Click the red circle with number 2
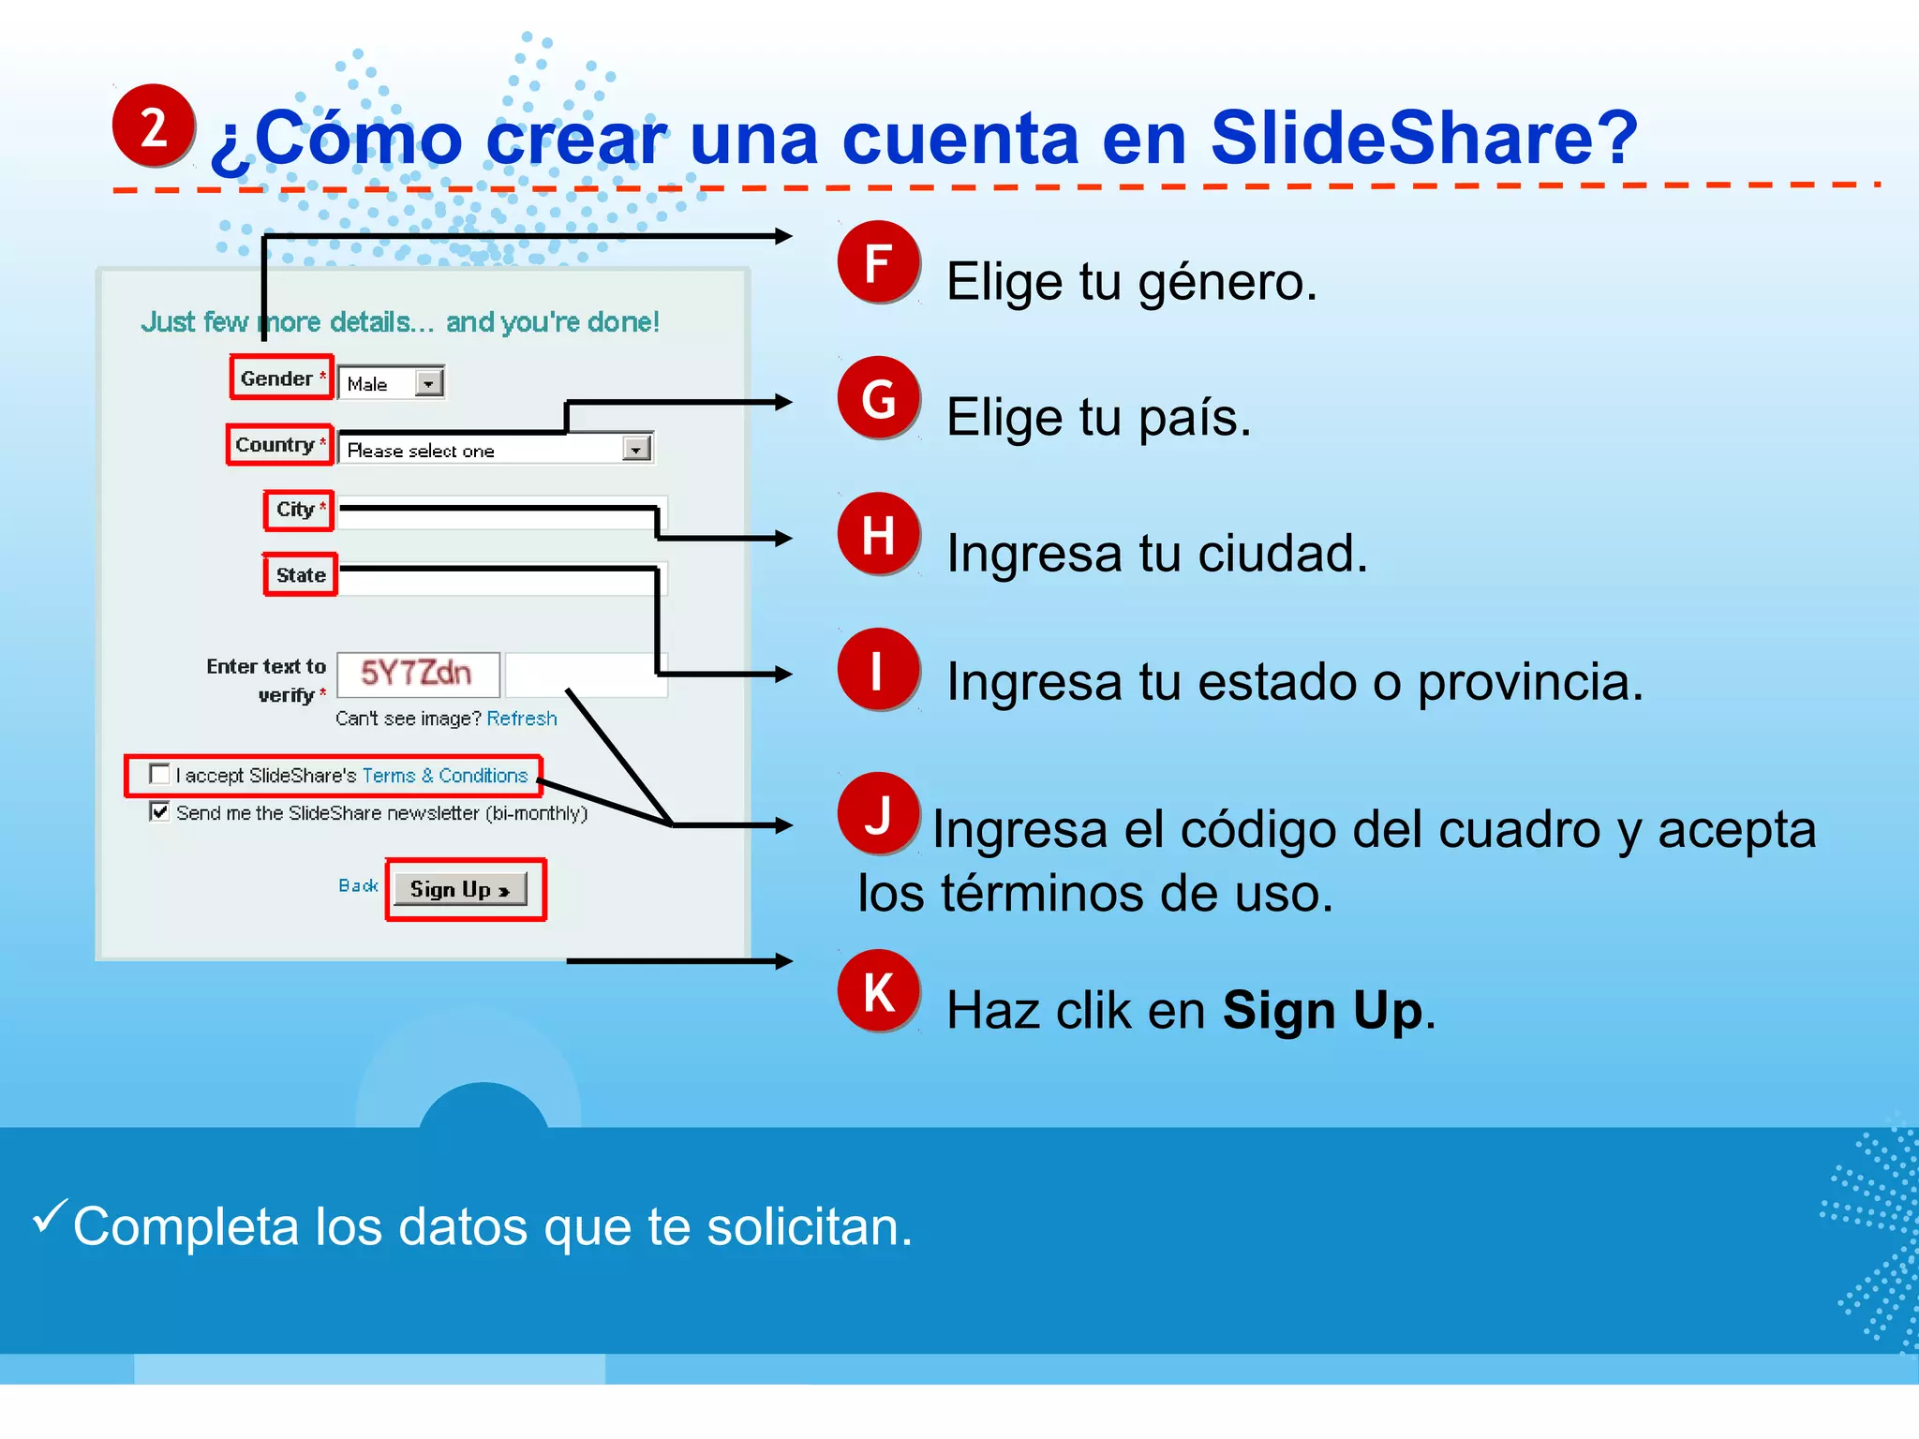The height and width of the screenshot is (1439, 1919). point(154,126)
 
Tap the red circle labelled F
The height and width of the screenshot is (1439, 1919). point(878,262)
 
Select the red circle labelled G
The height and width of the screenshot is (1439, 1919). point(878,398)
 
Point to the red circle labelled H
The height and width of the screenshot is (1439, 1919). point(878,534)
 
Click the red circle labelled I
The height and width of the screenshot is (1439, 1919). point(878,670)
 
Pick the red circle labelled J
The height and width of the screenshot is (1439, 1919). point(878,813)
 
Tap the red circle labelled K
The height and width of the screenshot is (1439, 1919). point(878,991)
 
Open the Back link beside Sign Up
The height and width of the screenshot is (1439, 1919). point(358,885)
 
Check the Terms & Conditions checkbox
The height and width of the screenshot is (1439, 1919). point(160,774)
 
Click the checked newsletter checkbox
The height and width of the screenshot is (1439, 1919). point(160,811)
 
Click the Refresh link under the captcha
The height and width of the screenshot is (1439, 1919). point(522,719)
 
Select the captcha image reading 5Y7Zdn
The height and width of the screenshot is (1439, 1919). point(417,674)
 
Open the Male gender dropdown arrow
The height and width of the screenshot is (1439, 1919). point(428,383)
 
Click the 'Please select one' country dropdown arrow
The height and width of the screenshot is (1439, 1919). point(636,450)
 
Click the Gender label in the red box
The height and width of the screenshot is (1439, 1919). point(276,378)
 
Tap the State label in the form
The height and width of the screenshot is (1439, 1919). point(301,575)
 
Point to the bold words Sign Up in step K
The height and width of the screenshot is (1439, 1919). point(1322,1011)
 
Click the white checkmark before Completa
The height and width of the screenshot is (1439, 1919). point(49,1216)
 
